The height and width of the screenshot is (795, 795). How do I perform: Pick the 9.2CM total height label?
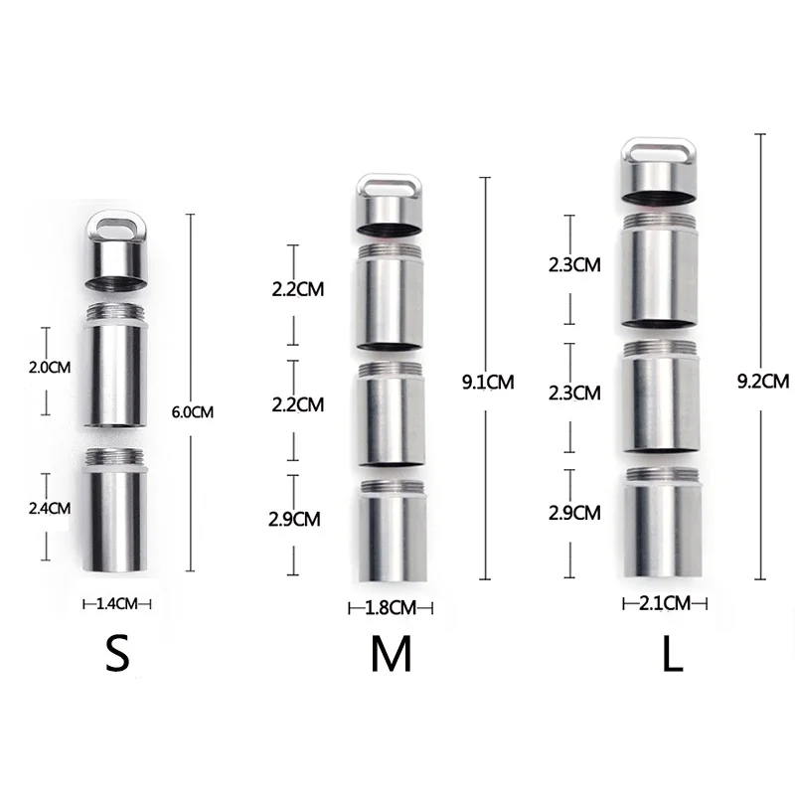pyautogui.click(x=763, y=381)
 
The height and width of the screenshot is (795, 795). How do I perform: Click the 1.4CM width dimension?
pyautogui.click(x=117, y=602)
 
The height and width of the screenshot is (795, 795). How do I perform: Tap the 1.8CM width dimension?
pyautogui.click(x=391, y=607)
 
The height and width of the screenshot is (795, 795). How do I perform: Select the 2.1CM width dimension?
pyautogui.click(x=664, y=602)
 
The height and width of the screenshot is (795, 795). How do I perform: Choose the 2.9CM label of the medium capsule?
pyautogui.click(x=295, y=519)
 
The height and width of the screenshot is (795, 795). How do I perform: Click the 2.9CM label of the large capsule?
pyautogui.click(x=574, y=513)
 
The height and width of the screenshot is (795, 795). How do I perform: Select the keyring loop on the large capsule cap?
pyautogui.click(x=664, y=153)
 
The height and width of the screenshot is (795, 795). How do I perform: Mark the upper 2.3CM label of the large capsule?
pyautogui.click(x=574, y=265)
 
